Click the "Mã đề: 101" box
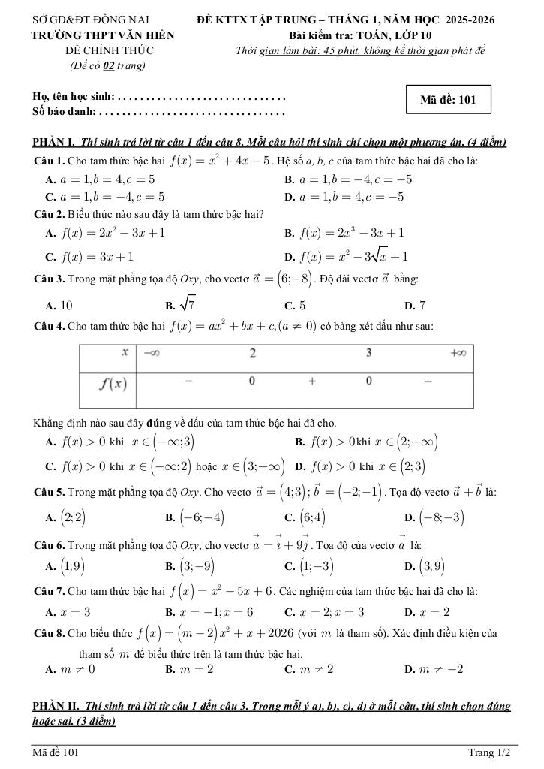(448, 99)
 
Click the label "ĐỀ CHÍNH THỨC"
(110, 50)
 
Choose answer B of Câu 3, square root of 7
(182, 305)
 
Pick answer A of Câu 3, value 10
(60, 306)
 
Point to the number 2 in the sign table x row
(252, 353)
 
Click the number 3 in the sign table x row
(369, 353)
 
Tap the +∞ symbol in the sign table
(458, 353)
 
